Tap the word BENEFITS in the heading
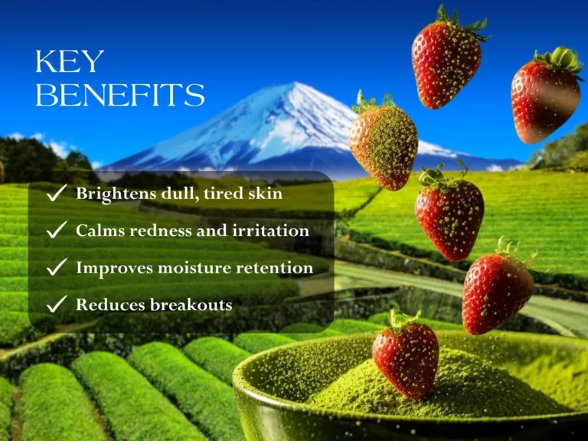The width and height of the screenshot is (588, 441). [x=120, y=96]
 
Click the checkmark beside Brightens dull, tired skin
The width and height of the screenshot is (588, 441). [x=56, y=194]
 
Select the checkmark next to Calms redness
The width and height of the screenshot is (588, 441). [x=56, y=230]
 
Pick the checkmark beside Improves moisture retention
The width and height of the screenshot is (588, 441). [x=56, y=268]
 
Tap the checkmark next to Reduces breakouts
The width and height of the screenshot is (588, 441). [x=56, y=305]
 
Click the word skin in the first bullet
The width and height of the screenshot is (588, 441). [x=265, y=194]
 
